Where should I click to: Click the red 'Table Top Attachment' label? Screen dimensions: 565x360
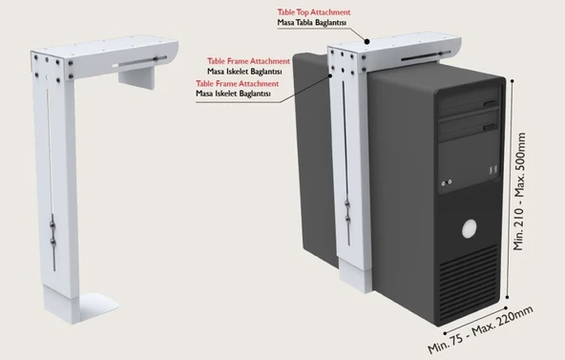click(313, 12)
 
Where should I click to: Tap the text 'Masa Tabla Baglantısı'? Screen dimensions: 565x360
click(312, 22)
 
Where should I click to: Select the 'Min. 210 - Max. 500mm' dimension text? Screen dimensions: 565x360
click(519, 191)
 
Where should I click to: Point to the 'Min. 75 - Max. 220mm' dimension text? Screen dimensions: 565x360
click(480, 329)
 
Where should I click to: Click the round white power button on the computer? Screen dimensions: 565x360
click(470, 228)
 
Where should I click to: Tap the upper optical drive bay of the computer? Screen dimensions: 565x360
click(470, 100)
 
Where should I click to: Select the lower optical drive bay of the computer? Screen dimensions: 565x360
click(470, 124)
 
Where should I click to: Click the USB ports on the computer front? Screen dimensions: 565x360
click(492, 170)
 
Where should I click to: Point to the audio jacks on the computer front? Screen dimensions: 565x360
click(447, 182)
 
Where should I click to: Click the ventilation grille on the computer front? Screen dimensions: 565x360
click(469, 282)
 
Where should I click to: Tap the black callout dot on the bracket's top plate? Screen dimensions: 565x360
click(366, 42)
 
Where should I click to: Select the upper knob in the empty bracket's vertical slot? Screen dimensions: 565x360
click(52, 225)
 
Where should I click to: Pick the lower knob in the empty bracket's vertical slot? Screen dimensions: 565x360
click(53, 243)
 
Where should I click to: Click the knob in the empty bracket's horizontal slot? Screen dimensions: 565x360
click(156, 59)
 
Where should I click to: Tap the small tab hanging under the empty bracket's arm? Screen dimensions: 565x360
click(136, 78)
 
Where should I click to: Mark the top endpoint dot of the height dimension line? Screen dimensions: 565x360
click(512, 81)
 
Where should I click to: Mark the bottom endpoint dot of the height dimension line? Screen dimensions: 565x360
click(508, 297)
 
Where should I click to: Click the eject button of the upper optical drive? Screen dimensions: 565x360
click(490, 103)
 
